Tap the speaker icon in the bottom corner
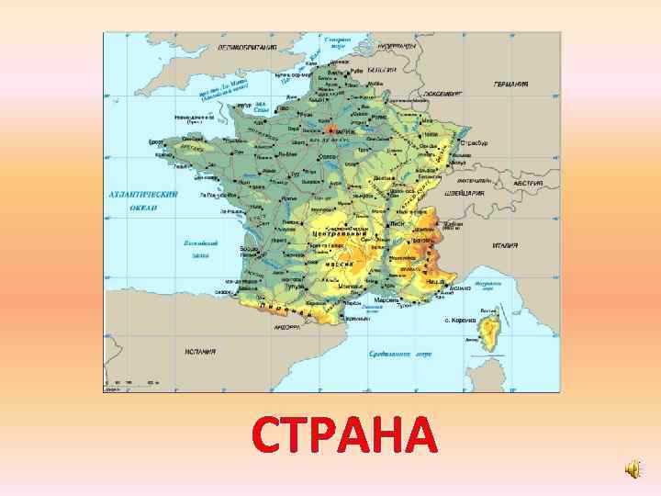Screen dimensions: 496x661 633,469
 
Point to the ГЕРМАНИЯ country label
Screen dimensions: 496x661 510,84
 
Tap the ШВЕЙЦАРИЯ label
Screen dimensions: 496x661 466,194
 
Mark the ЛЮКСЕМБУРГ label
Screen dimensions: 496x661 444,93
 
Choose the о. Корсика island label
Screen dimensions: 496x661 459,321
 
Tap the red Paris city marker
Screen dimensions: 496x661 334,130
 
